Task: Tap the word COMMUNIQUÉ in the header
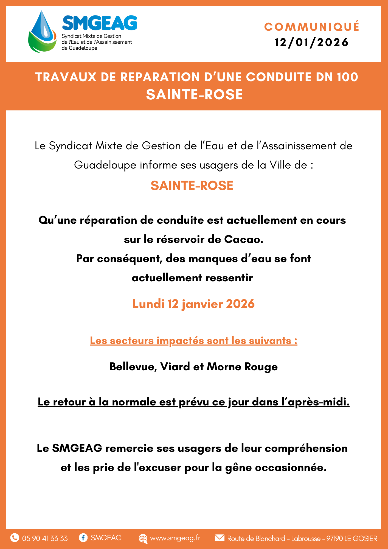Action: (x=312, y=27)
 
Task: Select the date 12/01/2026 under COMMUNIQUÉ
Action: (x=312, y=43)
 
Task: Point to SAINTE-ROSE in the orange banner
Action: (x=194, y=95)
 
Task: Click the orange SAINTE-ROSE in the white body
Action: (x=192, y=186)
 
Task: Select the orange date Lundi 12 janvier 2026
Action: (x=193, y=304)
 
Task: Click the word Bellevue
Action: (x=133, y=367)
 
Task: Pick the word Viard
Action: (x=175, y=367)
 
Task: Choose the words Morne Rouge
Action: (x=242, y=367)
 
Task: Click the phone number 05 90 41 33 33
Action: (x=45, y=538)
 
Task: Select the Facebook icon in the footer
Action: (x=83, y=537)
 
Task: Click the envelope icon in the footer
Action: (x=219, y=538)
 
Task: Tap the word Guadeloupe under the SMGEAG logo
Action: (x=83, y=48)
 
